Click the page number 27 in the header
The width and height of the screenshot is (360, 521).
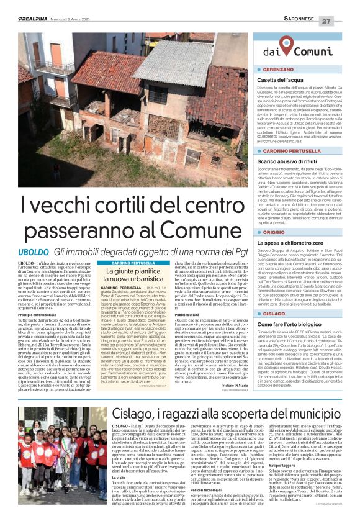(x=343, y=21)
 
